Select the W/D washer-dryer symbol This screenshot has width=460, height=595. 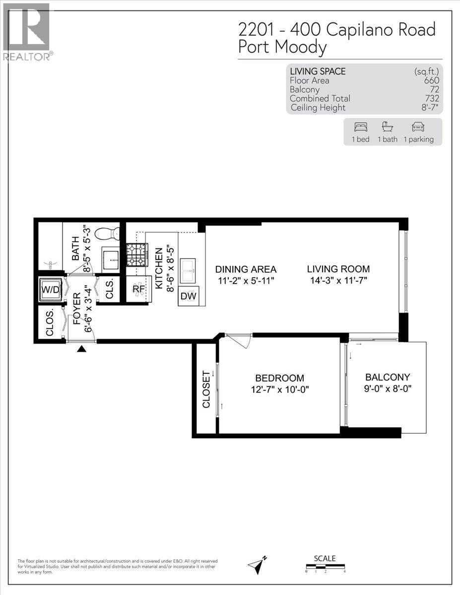point(51,289)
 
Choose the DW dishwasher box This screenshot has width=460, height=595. point(188,296)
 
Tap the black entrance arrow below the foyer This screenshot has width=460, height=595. point(82,350)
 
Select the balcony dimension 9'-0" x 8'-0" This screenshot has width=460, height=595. point(387,389)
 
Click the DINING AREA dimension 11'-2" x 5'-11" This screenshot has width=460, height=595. point(246,281)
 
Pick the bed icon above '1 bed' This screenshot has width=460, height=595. point(360,126)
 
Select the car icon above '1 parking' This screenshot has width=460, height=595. point(418,126)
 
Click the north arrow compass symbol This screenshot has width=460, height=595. point(258,564)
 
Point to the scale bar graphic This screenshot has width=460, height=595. point(325,566)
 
